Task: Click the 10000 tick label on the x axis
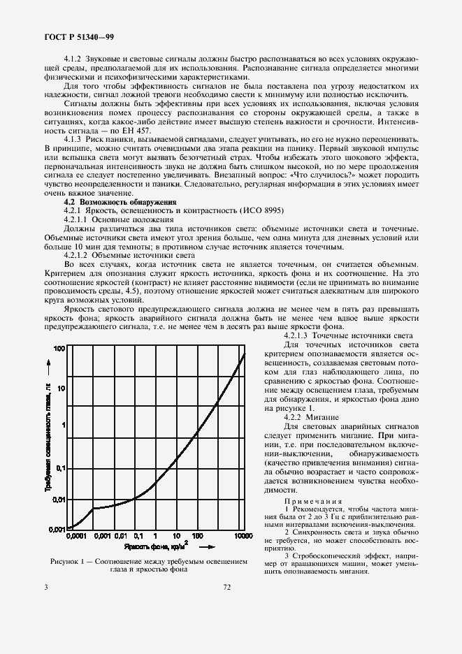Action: click(x=243, y=535)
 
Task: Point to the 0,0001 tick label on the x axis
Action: click(x=77, y=535)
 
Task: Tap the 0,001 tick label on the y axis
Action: click(x=56, y=529)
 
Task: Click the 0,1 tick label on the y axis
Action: click(x=61, y=468)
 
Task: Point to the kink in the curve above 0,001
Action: click(x=92, y=508)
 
